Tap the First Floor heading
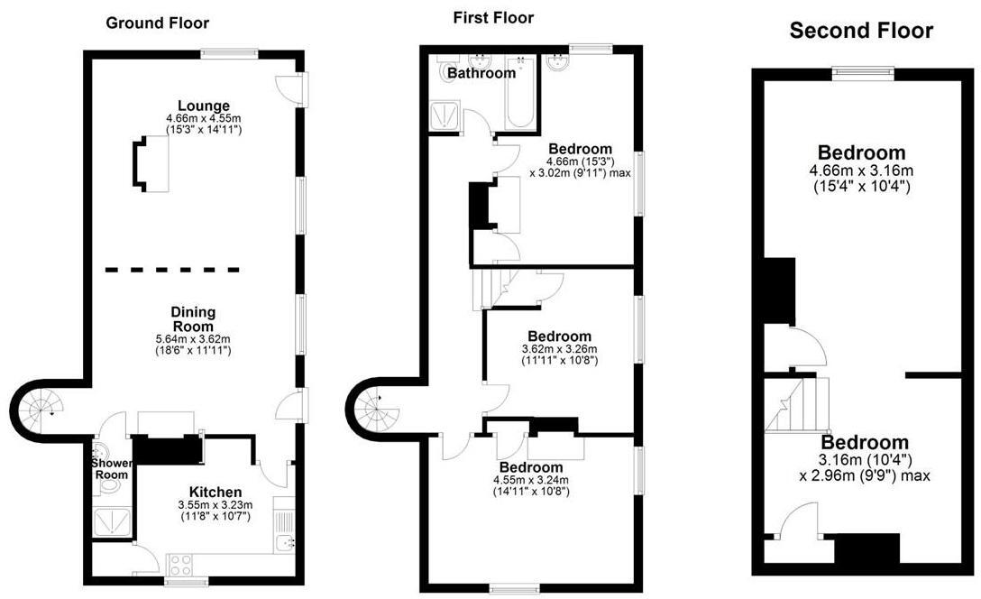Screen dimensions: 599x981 pyautogui.click(x=492, y=17)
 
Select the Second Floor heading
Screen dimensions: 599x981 pyautogui.click(x=861, y=32)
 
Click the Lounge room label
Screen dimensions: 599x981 pyautogui.click(x=204, y=106)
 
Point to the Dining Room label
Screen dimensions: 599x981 pyautogui.click(x=193, y=319)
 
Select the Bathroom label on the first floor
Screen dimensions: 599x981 pyautogui.click(x=481, y=73)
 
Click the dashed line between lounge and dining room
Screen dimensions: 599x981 pyautogui.click(x=172, y=269)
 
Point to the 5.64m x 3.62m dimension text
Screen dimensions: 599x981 pyautogui.click(x=193, y=339)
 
